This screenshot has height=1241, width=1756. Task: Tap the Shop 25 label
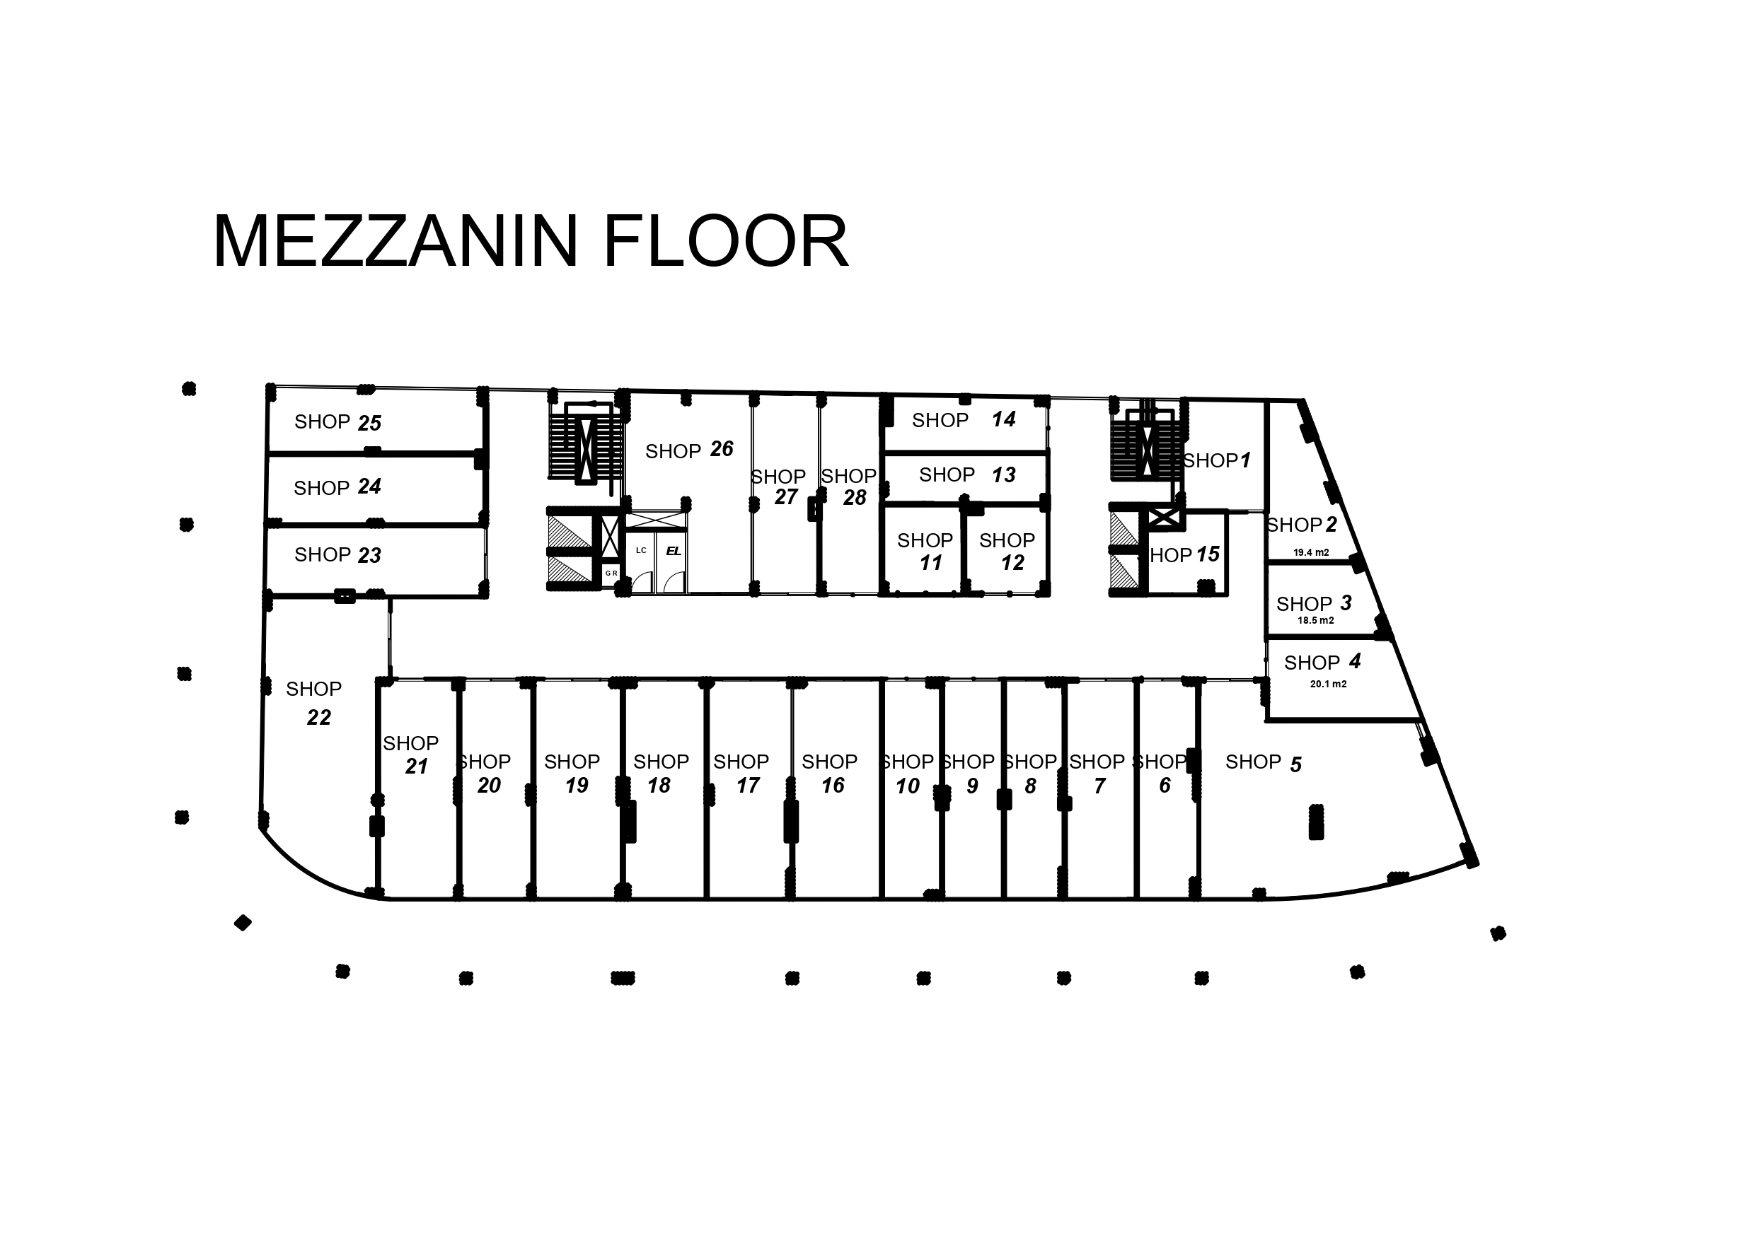pos(337,422)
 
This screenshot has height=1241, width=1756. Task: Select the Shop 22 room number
pos(318,717)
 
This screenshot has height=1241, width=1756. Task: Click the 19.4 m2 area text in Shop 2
pos(1311,552)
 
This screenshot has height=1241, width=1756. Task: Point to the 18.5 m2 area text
pos(1315,620)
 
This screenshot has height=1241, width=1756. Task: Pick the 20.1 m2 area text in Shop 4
pos(1329,684)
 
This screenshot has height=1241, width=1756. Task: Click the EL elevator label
pos(673,551)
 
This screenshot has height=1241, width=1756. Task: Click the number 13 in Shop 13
pos(1003,475)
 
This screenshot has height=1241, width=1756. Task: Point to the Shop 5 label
pos(1263,763)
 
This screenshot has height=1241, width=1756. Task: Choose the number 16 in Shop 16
pos(832,786)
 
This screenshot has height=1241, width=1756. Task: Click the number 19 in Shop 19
pos(577,786)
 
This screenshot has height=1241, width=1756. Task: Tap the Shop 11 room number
pos(931,563)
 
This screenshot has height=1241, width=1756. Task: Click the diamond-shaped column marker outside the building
pos(243,923)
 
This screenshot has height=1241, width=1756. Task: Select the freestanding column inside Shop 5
pos(1316,822)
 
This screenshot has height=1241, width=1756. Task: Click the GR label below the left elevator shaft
pos(611,573)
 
